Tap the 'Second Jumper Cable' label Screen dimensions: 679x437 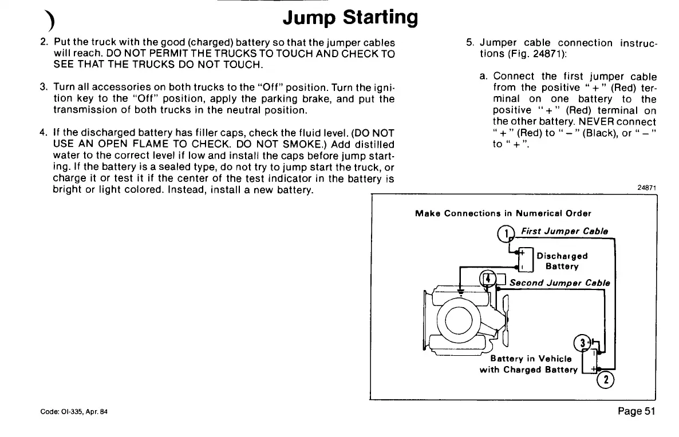pyautogui.click(x=559, y=283)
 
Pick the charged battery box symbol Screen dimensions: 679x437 pyautogui.click(x=588, y=360)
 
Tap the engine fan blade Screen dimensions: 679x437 pyautogui.click(x=505, y=320)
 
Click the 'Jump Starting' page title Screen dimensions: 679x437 pyautogui.click(x=350, y=17)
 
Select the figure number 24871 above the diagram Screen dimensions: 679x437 pyautogui.click(x=646, y=188)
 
